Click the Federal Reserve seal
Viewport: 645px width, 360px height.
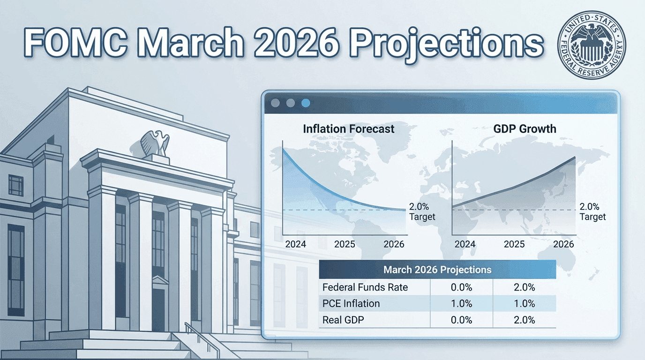point(592,45)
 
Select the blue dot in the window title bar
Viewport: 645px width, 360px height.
point(306,103)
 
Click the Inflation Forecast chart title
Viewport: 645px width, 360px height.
point(348,129)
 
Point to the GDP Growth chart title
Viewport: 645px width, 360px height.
point(525,129)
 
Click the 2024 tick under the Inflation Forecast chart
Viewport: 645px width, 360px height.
point(295,244)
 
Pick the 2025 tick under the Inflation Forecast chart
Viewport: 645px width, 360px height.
point(345,244)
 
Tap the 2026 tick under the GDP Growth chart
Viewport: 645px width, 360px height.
point(563,244)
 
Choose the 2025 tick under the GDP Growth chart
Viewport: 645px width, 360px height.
point(514,244)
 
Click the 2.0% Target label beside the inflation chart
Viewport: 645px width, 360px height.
point(422,211)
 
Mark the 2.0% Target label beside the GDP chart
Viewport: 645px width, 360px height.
point(592,211)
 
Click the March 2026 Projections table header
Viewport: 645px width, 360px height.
point(437,270)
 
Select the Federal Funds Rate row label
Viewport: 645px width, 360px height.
point(365,287)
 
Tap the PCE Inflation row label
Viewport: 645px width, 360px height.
point(351,303)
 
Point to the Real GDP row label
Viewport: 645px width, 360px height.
point(343,320)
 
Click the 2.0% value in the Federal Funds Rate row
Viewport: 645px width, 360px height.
point(525,287)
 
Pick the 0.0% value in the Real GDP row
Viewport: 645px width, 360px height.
point(461,320)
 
